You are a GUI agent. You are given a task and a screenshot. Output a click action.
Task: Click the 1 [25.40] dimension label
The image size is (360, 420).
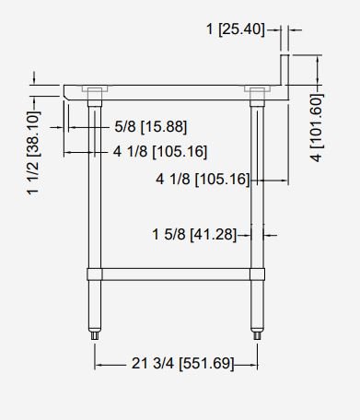tap(236, 29)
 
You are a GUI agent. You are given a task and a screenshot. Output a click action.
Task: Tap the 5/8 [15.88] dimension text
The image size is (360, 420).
tap(151, 126)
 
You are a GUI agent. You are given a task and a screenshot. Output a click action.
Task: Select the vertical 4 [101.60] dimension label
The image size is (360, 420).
tap(317, 127)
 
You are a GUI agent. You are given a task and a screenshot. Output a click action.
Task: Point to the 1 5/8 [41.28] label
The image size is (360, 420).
tap(194, 235)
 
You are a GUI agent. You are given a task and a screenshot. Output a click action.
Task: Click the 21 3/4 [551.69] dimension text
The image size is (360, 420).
tap(183, 364)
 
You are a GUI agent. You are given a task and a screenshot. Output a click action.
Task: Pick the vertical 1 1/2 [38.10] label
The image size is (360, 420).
tap(33, 153)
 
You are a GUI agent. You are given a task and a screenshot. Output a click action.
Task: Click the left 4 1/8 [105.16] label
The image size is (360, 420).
tap(160, 151)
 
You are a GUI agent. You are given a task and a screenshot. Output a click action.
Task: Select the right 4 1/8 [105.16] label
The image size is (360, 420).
tap(203, 179)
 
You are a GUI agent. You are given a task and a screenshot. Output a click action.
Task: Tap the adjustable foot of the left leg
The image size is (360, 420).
tap(95, 334)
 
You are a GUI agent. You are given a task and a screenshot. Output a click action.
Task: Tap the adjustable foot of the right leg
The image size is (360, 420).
tap(257, 334)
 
